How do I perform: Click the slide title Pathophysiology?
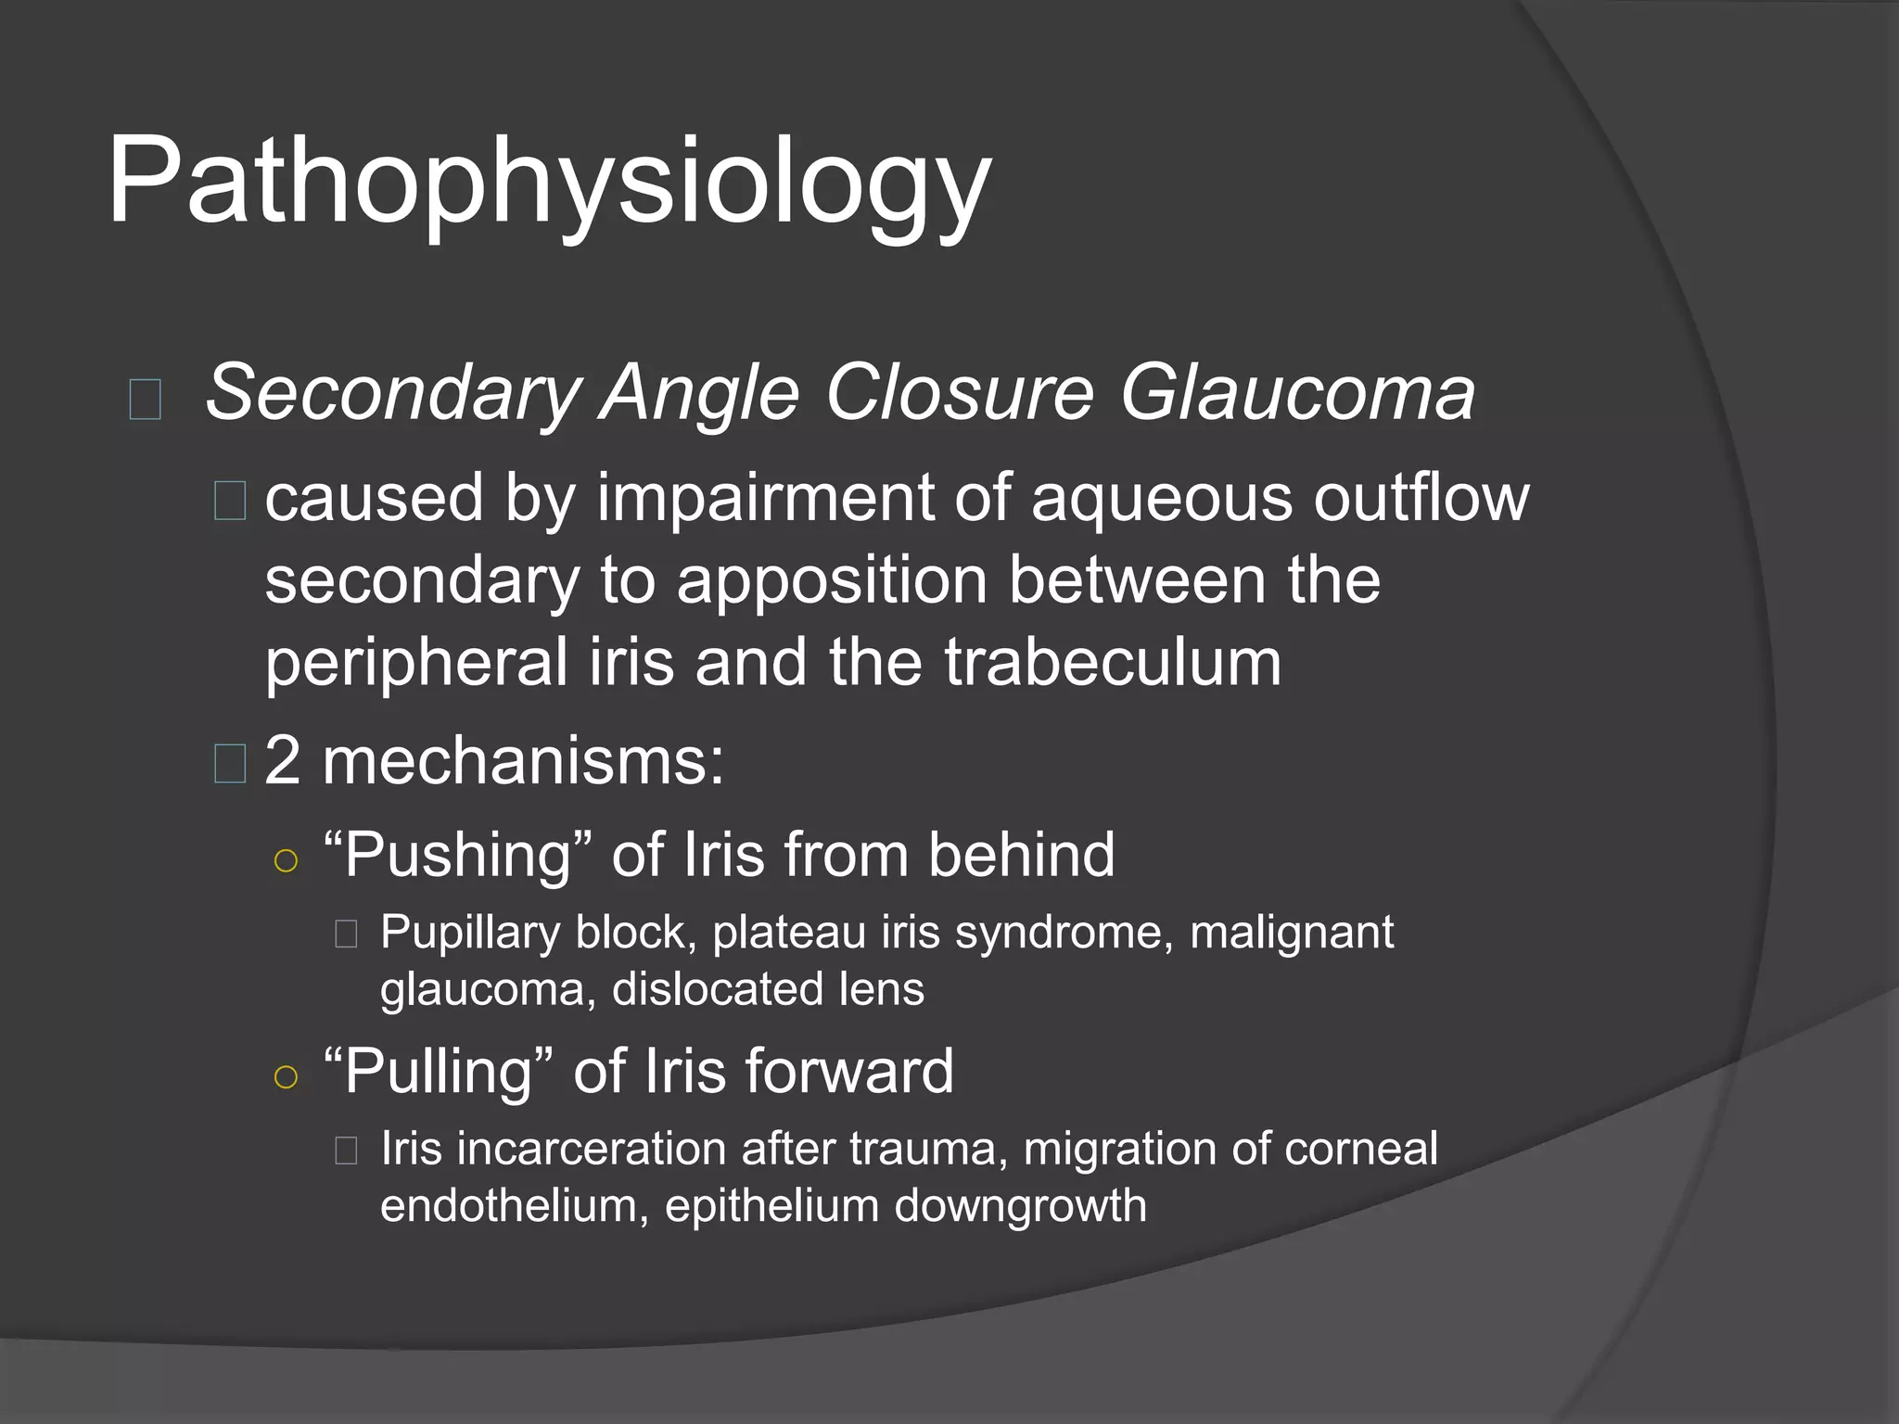point(549,182)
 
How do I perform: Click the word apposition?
point(832,582)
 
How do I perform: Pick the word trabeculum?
point(1113,662)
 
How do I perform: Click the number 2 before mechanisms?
point(282,761)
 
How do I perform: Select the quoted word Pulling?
point(439,1072)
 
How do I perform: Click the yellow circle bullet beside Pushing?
point(287,861)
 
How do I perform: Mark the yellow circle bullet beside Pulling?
point(287,1077)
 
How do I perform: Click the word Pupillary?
point(469,933)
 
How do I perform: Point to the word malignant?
point(1291,933)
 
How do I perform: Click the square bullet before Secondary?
point(146,400)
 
